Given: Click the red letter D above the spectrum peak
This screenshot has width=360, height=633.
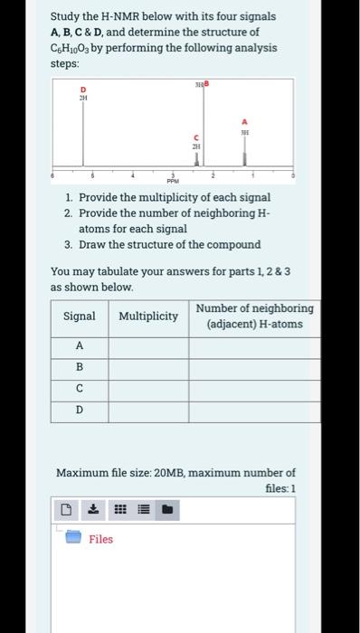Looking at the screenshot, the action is [83, 90].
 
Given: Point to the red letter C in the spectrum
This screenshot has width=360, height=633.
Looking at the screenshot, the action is [194, 137].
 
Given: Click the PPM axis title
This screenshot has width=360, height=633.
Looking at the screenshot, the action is [173, 179].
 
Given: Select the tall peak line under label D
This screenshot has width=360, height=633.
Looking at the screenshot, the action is [84, 136].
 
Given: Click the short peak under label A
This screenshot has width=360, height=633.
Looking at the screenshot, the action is [242, 158].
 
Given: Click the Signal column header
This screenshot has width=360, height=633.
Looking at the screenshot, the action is [80, 316].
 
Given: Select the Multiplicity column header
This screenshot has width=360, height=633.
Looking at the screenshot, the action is [148, 316].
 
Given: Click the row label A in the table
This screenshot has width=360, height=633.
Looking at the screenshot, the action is [80, 346].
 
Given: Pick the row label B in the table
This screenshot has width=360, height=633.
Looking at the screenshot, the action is [80, 368].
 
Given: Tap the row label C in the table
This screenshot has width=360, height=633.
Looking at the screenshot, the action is [80, 390].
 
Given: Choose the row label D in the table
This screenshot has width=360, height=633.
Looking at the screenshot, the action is [80, 411].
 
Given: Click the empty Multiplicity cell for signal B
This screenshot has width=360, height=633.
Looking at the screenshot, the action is [148, 368].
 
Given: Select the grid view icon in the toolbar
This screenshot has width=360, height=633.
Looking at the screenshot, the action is [118, 512].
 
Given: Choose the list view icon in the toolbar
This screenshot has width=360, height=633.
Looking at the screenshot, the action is [143, 512].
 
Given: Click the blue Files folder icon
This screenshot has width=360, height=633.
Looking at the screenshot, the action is [73, 539].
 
